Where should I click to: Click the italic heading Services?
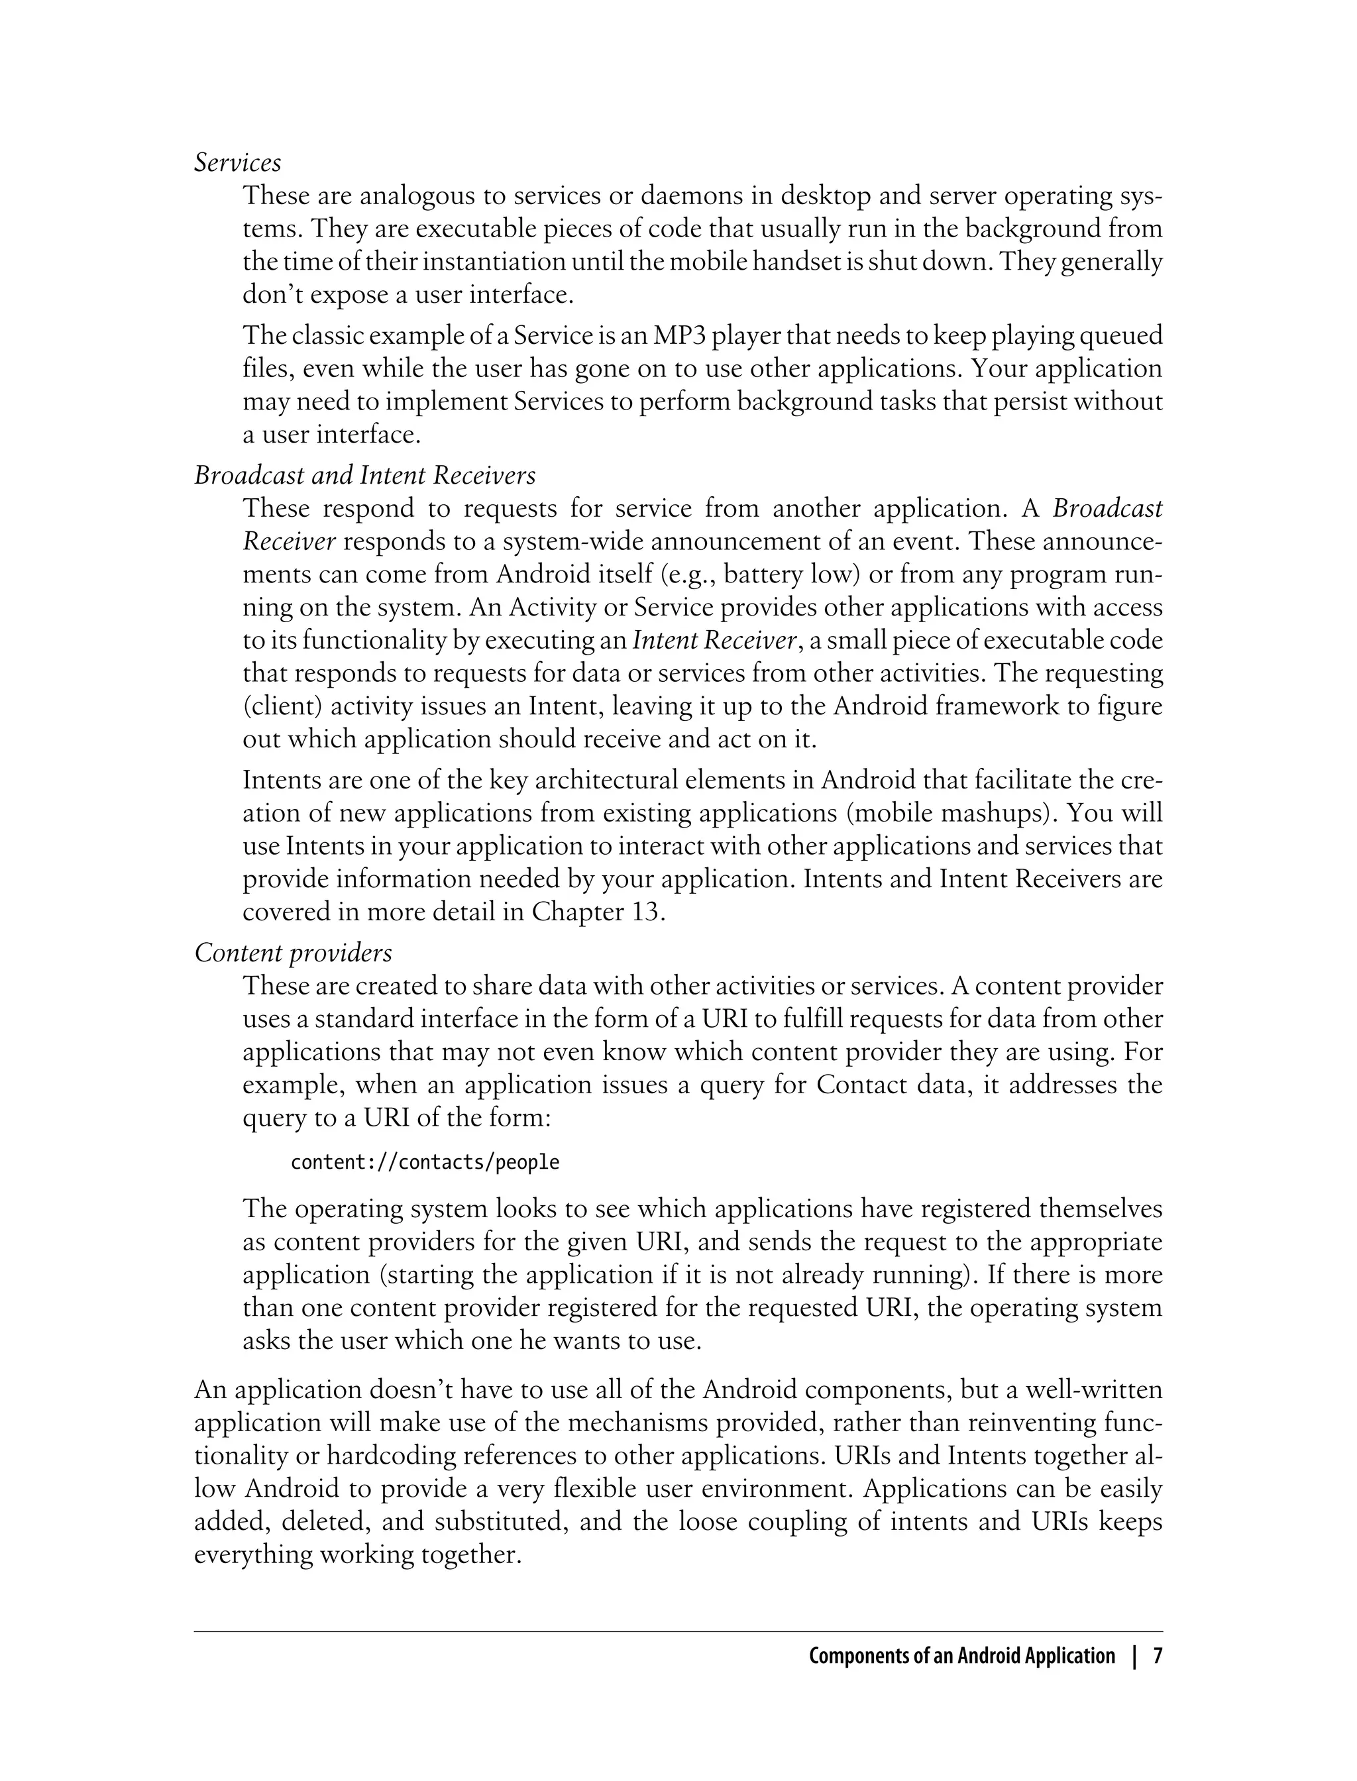tap(237, 163)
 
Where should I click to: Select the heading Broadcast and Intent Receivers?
tap(364, 475)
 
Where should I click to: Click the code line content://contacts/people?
tap(424, 1162)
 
